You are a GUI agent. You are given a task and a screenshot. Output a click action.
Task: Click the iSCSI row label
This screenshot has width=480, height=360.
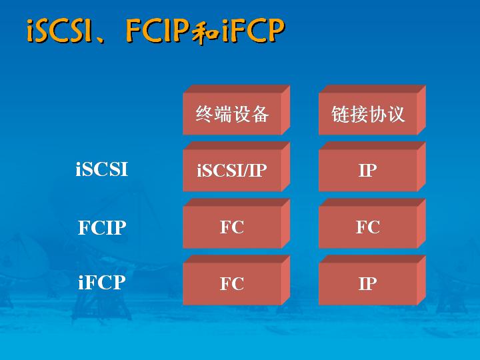101,169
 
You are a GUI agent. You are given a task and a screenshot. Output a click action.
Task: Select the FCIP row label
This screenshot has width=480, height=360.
102,227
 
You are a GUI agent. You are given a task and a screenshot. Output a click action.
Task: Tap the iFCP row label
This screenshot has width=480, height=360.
102,282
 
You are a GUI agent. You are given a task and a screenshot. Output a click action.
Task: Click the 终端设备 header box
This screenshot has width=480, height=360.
236,110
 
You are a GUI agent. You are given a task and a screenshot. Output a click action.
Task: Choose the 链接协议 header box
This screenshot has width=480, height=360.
372,110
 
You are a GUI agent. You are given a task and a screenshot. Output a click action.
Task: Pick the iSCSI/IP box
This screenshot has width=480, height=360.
236,167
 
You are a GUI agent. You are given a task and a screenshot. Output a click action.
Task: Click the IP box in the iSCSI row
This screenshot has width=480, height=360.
372,167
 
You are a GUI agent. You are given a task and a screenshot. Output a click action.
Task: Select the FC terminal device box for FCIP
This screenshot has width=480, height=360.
236,223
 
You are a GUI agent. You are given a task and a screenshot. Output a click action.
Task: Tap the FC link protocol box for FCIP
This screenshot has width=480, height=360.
372,223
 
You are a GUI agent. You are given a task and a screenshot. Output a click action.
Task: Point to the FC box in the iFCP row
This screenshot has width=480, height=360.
236,280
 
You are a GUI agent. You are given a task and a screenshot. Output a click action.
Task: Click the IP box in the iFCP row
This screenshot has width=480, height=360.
372,280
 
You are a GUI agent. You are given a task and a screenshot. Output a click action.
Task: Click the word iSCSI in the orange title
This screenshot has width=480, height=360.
60,31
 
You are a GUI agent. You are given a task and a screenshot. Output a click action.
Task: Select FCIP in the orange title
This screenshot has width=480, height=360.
157,30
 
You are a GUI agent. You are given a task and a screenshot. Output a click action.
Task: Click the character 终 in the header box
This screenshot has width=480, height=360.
205,114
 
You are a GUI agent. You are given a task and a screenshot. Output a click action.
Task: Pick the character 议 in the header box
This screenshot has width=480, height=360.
396,114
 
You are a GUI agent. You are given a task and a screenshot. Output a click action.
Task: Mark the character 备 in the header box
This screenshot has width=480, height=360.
260,114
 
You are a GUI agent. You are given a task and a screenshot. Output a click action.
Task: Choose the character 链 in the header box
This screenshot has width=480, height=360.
341,114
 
